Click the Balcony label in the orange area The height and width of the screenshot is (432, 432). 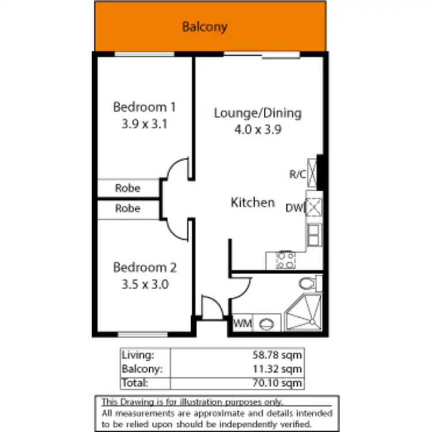tap(204, 26)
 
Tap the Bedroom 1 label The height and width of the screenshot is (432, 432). tap(144, 107)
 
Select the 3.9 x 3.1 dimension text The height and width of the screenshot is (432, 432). tap(144, 123)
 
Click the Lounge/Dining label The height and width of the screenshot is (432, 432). tap(257, 113)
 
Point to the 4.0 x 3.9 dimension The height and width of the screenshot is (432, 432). tap(257, 130)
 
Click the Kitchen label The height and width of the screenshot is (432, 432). tap(252, 203)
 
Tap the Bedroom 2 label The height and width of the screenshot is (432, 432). tap(144, 268)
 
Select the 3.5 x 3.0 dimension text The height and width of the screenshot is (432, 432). tap(144, 284)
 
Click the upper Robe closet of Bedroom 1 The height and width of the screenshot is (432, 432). tap(128, 188)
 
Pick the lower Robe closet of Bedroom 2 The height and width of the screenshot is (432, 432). tap(128, 209)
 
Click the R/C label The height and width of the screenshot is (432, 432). tap(297, 175)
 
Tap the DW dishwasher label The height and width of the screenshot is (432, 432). tap(293, 207)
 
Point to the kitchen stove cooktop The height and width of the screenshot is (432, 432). tap(285, 260)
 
